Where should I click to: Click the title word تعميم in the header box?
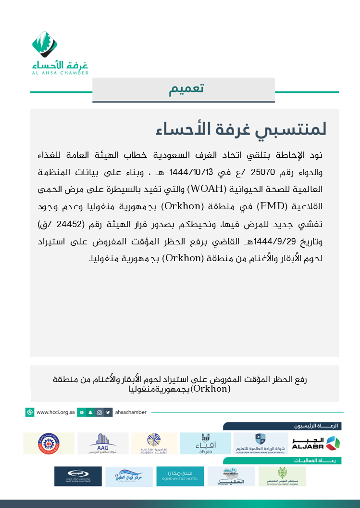(x=186, y=89)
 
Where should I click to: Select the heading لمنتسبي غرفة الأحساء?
(x=242, y=129)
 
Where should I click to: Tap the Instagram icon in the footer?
(x=99, y=412)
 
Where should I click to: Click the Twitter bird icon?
(x=109, y=412)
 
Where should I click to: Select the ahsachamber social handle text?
(x=131, y=412)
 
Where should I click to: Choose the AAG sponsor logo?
(x=103, y=444)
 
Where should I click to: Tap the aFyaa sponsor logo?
(x=205, y=444)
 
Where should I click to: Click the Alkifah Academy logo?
(x=154, y=444)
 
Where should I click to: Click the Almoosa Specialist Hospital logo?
(x=282, y=476)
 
